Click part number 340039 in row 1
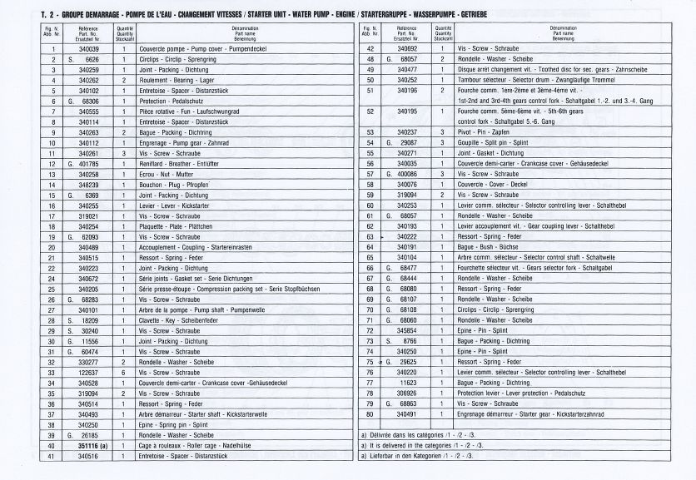[x=88, y=50]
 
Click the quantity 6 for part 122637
[x=122, y=372]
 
